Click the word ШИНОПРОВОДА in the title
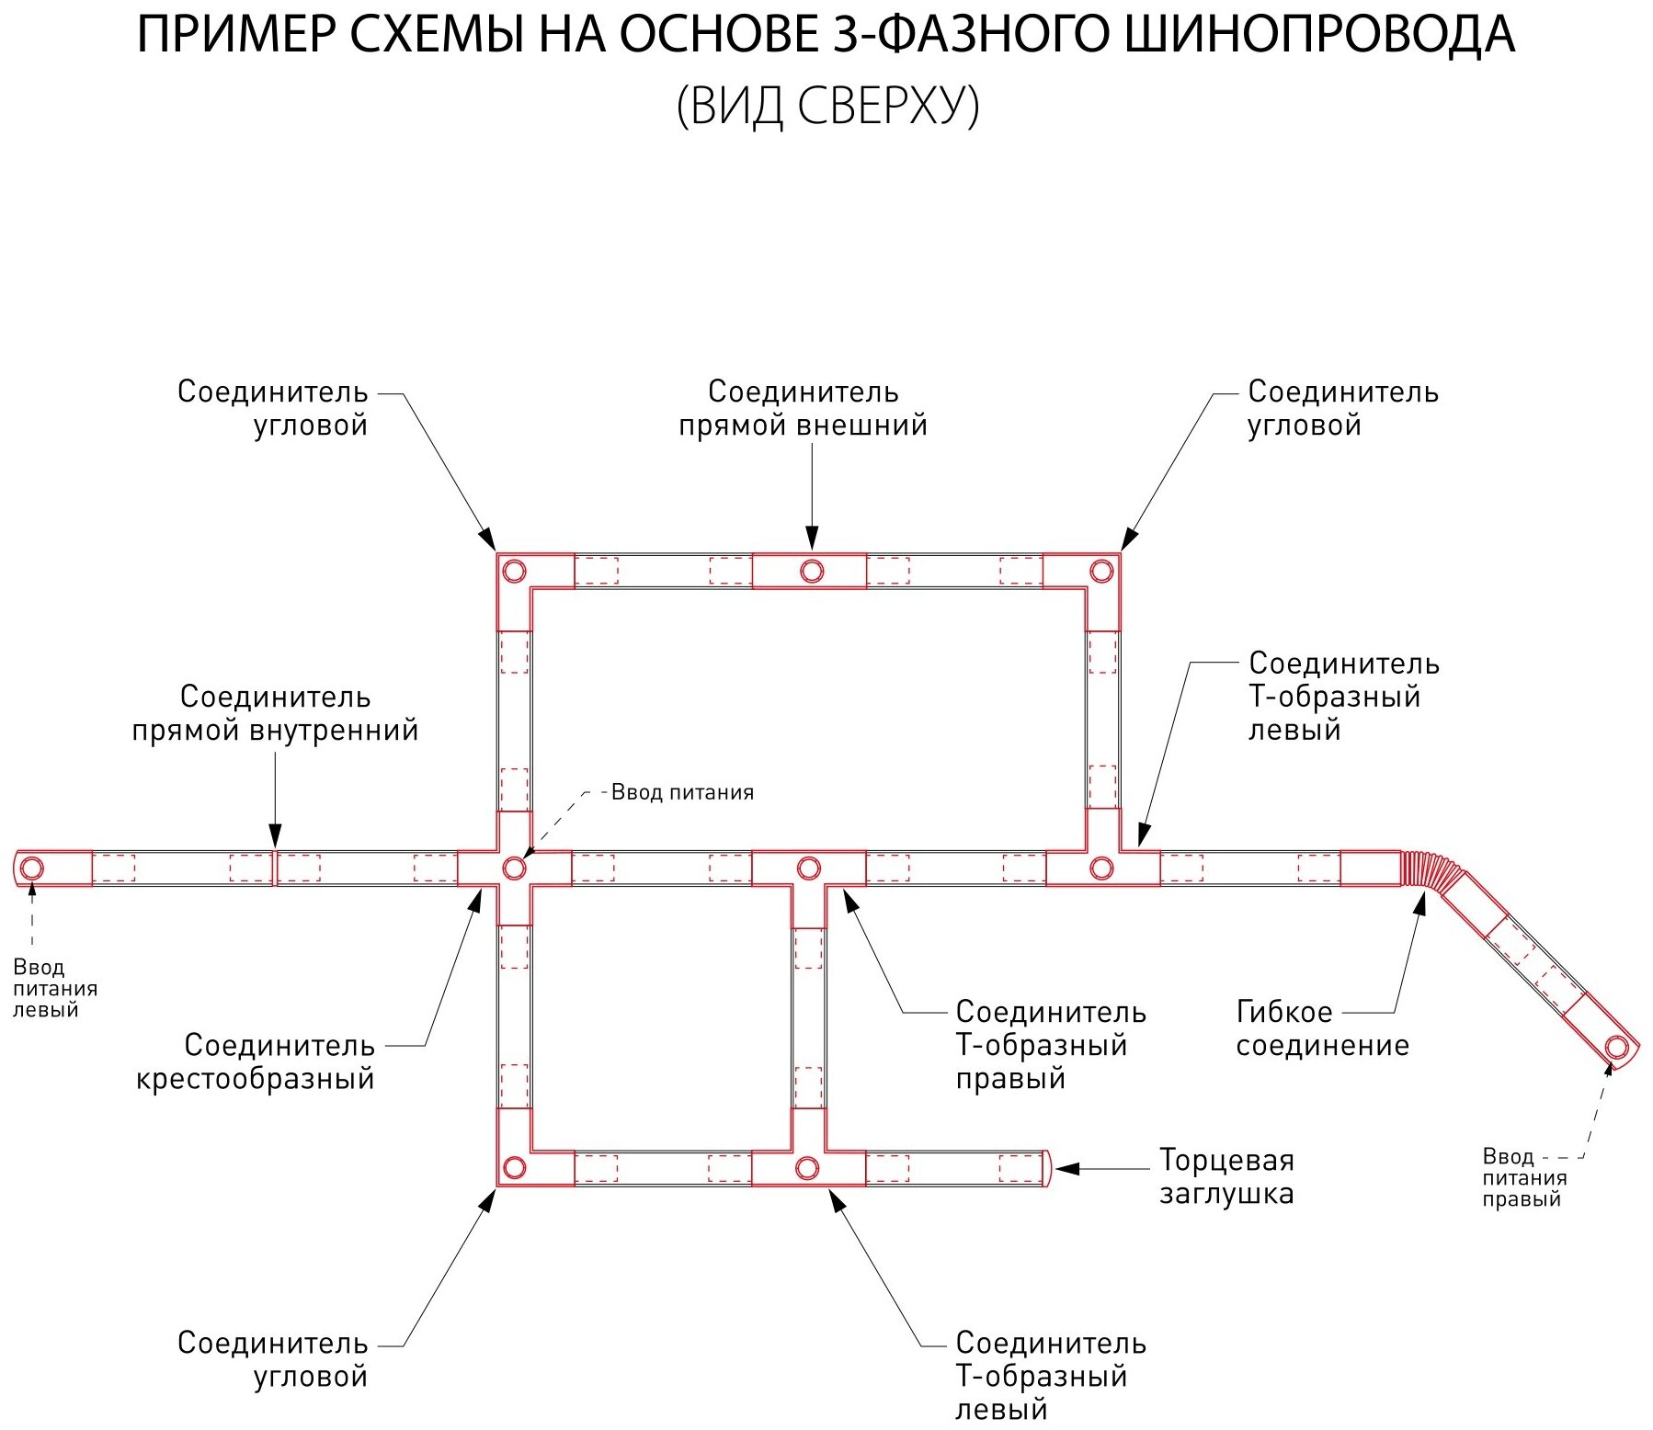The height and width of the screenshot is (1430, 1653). click(1318, 35)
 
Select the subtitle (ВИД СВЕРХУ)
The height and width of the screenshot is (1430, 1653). click(827, 106)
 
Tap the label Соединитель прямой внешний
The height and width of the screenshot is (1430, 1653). click(803, 408)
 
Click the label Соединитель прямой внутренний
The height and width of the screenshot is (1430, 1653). click(275, 713)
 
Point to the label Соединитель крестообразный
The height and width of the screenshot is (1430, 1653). click(255, 1061)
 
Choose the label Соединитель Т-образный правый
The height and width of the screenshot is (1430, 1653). click(1050, 1045)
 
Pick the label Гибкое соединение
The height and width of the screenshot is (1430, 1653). click(1321, 1028)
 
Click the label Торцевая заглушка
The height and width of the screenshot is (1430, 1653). click(1226, 1176)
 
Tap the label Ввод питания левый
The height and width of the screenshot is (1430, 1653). click(54, 988)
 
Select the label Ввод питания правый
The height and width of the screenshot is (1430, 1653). click(1523, 1177)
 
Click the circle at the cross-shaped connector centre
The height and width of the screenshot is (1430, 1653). click(515, 868)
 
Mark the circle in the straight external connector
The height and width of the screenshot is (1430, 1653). click(811, 571)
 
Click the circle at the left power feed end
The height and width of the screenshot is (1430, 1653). click(32, 868)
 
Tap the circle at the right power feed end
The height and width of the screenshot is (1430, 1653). click(1616, 1047)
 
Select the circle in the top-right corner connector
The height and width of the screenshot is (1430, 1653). click(1101, 571)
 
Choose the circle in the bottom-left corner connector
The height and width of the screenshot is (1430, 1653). click(515, 1168)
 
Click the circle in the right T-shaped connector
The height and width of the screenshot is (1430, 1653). click(808, 868)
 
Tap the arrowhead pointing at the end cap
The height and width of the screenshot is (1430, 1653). click(1065, 1169)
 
